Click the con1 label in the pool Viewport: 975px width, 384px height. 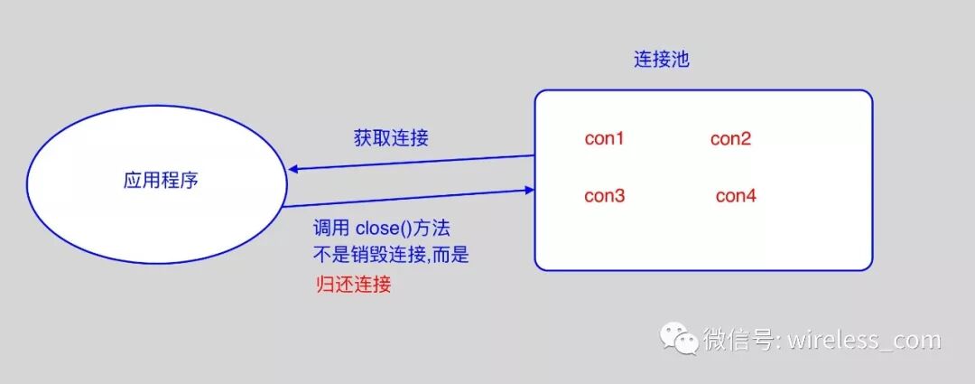point(604,139)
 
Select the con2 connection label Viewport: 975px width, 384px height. point(730,139)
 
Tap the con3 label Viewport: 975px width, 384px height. point(604,196)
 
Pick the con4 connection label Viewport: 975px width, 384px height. point(736,196)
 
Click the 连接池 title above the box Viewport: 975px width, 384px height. point(662,61)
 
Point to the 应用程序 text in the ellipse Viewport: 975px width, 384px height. point(161,180)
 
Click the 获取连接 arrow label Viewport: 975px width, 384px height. point(390,138)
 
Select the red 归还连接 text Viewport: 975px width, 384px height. point(353,286)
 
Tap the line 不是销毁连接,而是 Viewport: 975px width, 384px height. point(391,256)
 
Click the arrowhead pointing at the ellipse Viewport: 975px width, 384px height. point(293,170)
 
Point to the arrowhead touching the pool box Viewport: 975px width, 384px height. point(529,189)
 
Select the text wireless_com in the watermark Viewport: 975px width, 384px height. point(864,341)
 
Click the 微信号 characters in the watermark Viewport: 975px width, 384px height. point(737,341)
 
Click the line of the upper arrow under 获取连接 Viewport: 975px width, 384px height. point(411,163)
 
